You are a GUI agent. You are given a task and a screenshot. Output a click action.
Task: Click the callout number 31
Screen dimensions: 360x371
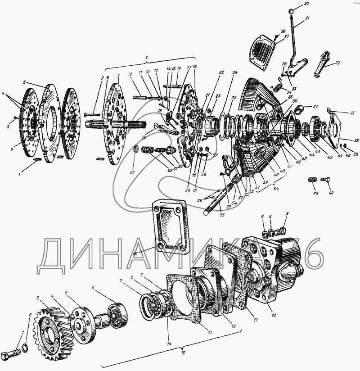pyautogui.click(x=308, y=18)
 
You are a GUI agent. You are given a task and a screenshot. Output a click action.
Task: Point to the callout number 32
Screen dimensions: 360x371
pyautogui.click(x=337, y=63)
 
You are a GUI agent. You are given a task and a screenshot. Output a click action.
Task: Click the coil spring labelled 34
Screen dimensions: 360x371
pyautogui.click(x=279, y=84)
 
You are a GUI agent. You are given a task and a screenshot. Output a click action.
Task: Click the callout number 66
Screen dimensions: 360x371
pyautogui.click(x=331, y=193)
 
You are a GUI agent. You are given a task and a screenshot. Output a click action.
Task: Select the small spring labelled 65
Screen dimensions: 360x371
pyautogui.click(x=312, y=180)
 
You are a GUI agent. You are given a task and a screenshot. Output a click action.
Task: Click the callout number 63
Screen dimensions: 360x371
pyautogui.click(x=132, y=172)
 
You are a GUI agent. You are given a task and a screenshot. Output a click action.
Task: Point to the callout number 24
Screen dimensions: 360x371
pyautogui.click(x=234, y=72)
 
